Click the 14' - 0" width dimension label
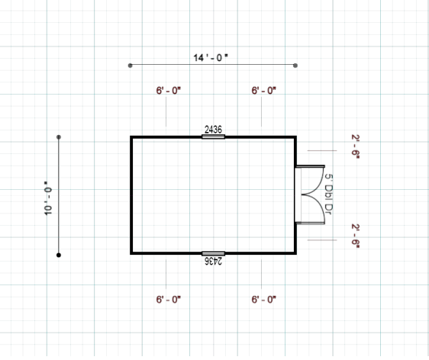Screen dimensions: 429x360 tap(211, 58)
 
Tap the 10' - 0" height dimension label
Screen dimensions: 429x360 tap(48, 198)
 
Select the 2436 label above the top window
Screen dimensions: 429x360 tap(213, 130)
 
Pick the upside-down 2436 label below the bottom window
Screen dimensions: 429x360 tap(214, 261)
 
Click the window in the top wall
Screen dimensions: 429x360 tap(213, 137)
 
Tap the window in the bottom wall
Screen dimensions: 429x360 tap(213, 254)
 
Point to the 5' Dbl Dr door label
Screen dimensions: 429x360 tap(328, 194)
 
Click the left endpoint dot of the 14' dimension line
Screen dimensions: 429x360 tap(131, 66)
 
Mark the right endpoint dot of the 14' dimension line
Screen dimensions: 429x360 tap(295, 66)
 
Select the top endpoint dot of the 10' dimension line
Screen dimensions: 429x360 tap(59, 137)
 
